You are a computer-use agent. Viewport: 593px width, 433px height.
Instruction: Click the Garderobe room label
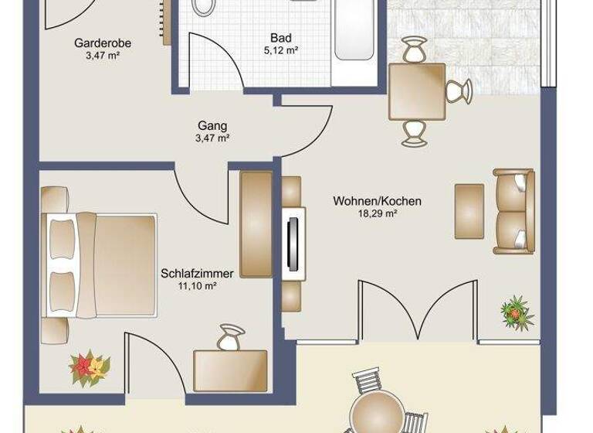tap(97, 43)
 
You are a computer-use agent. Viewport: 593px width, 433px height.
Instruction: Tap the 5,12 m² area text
tap(281, 50)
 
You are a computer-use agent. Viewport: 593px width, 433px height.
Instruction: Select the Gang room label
tap(212, 125)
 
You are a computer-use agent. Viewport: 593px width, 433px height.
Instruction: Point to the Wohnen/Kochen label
tap(377, 202)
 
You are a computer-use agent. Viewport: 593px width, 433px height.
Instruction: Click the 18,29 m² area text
tap(377, 214)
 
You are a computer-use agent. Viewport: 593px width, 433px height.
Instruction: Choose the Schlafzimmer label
tap(198, 273)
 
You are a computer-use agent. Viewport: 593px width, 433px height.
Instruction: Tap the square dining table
tap(416, 91)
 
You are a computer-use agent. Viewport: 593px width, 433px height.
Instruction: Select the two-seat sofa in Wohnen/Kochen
tap(513, 210)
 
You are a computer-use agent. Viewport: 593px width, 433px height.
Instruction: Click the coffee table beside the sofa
tap(469, 210)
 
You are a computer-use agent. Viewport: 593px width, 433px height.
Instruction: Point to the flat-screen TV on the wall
tap(293, 242)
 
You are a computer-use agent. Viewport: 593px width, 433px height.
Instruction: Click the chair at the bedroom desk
tap(229, 339)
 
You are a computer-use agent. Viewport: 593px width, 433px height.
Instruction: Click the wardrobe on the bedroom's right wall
tap(256, 224)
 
